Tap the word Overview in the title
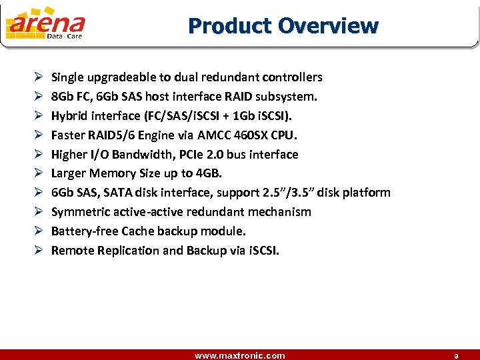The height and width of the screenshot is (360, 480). (x=328, y=26)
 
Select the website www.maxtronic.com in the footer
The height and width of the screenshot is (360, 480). (x=239, y=355)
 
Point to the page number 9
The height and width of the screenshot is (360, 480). (x=457, y=356)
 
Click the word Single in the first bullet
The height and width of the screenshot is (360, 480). (x=67, y=77)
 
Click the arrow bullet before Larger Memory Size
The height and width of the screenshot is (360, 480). (x=38, y=174)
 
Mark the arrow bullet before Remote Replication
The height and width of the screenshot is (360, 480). (x=38, y=251)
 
